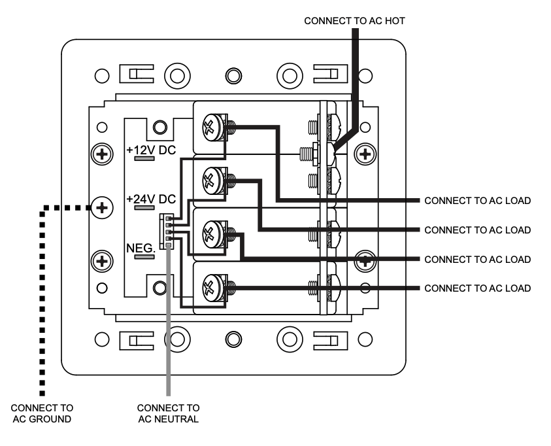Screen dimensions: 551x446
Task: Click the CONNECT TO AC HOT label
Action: tap(354, 21)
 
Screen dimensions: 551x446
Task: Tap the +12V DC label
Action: tap(151, 150)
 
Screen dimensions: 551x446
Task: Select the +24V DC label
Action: tap(151, 199)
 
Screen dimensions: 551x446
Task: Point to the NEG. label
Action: tap(141, 248)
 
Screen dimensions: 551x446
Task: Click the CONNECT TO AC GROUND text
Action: tap(42, 413)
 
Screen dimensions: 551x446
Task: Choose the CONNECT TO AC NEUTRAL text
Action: tap(169, 413)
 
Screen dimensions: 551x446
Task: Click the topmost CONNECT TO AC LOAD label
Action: tap(478, 201)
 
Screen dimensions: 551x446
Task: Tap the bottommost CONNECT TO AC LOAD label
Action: tap(478, 288)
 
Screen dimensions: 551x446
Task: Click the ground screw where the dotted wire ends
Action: tap(102, 208)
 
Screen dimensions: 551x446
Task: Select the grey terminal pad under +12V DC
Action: tap(144, 158)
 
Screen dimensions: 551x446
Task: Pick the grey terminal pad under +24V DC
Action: tap(144, 208)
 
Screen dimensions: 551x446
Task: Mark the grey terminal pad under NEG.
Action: tap(144, 257)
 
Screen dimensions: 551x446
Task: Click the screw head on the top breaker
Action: tap(212, 128)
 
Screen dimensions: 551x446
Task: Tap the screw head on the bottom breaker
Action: tap(212, 288)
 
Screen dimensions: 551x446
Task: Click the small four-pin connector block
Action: tap(167, 232)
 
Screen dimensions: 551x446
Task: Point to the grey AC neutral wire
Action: tap(169, 319)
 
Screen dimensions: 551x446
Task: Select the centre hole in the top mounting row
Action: tap(233, 76)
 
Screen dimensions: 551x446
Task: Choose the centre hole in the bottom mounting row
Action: tap(233, 339)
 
